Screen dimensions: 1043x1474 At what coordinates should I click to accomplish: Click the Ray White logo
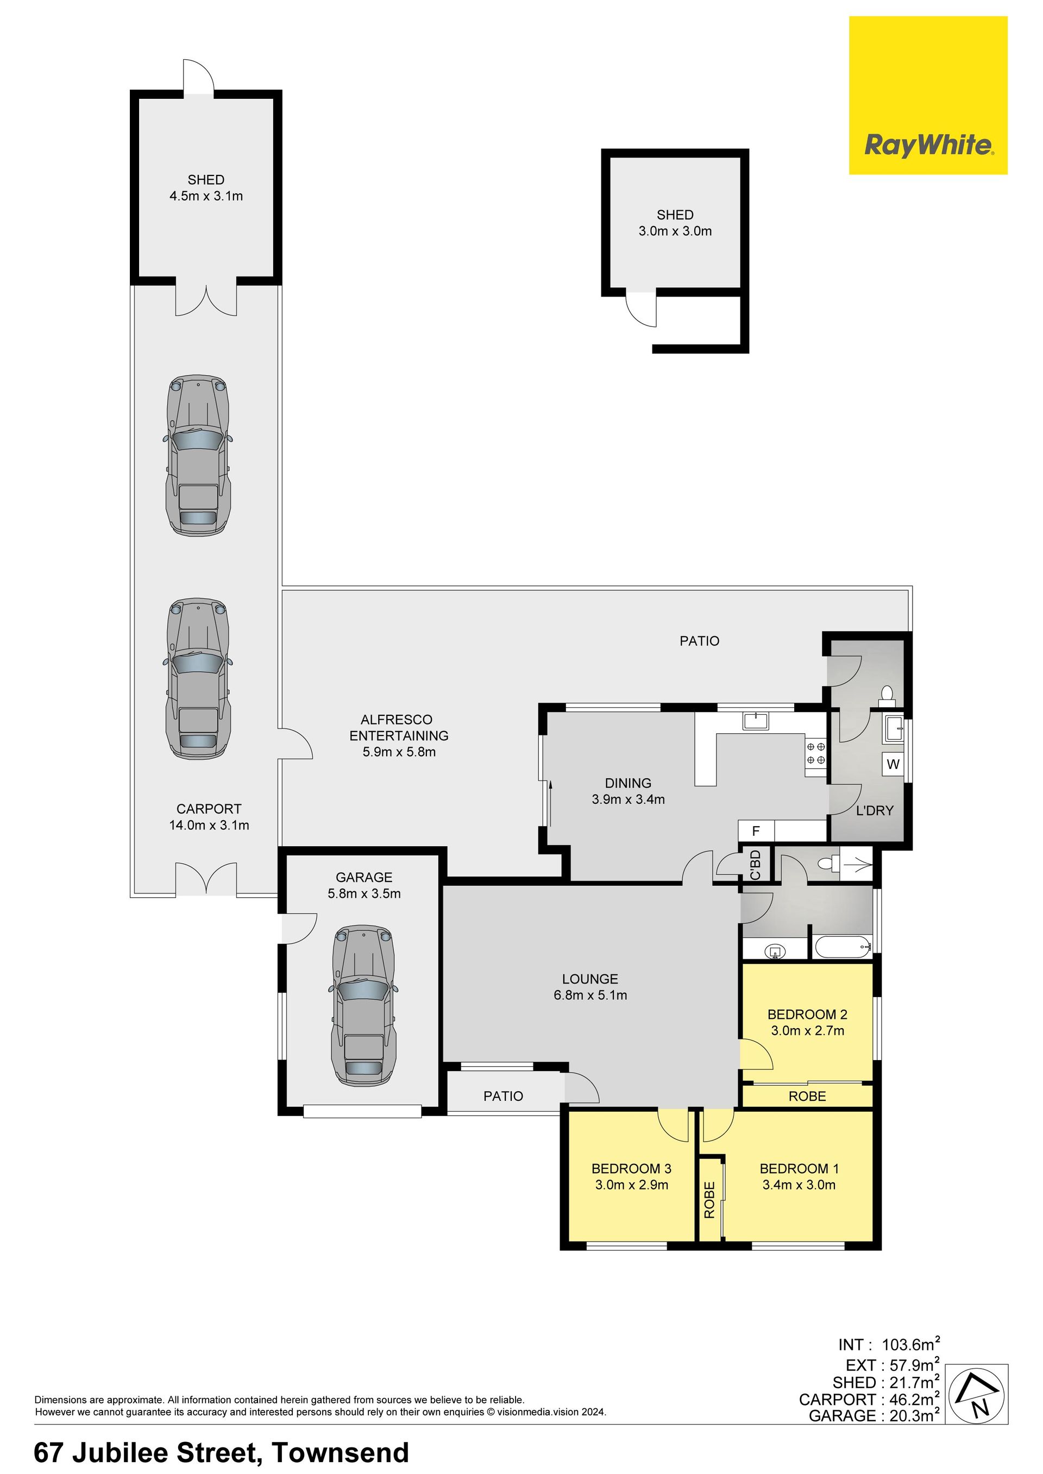click(928, 95)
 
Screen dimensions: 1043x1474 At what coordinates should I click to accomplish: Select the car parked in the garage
click(363, 1005)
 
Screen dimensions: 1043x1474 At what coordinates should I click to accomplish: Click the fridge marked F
click(756, 831)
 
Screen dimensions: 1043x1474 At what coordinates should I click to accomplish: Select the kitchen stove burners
click(815, 753)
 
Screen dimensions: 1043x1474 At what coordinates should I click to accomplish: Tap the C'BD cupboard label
click(755, 864)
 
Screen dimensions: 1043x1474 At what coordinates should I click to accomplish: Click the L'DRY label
click(874, 811)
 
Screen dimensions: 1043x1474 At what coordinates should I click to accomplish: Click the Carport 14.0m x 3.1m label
click(209, 817)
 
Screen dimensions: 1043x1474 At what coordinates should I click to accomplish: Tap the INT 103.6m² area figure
click(889, 1344)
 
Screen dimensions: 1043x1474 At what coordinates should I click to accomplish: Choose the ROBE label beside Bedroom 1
click(709, 1200)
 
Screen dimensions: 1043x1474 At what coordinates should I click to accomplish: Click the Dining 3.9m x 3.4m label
click(628, 791)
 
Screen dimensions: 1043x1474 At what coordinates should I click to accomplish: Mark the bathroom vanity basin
click(776, 951)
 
